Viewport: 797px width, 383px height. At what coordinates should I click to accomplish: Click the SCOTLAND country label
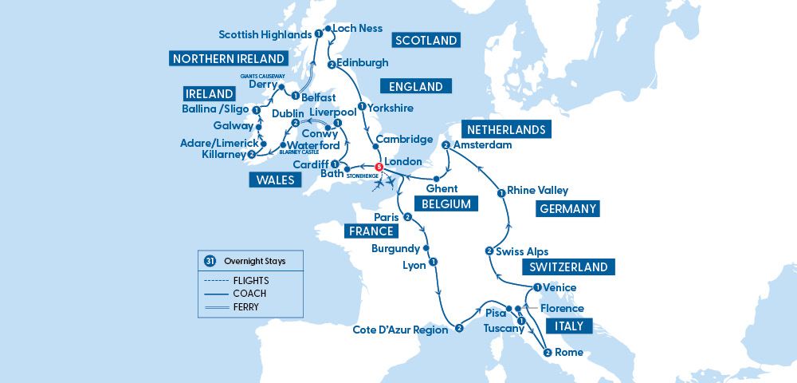click(426, 41)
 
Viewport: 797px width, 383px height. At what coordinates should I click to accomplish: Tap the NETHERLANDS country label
click(506, 129)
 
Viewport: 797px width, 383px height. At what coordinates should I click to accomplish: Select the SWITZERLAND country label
click(564, 267)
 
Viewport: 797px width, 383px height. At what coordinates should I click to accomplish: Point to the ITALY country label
click(569, 326)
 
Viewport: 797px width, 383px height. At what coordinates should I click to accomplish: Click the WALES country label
click(275, 180)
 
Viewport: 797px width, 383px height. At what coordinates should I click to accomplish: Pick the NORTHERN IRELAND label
click(227, 59)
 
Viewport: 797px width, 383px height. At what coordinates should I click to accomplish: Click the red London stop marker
click(379, 167)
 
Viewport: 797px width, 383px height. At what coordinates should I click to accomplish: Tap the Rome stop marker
click(547, 353)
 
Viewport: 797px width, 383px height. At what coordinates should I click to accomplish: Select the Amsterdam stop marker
click(446, 145)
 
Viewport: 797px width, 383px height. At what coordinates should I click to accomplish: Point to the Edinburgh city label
click(363, 62)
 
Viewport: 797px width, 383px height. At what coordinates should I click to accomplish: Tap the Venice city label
click(559, 288)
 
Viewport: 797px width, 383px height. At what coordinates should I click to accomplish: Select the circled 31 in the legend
click(210, 261)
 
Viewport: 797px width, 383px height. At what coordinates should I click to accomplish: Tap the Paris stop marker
click(407, 217)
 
